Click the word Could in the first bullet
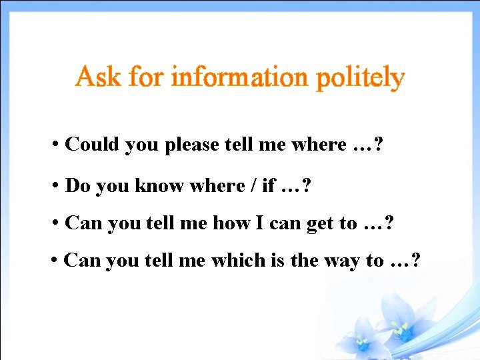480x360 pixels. (93, 144)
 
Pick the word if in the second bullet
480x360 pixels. (268, 185)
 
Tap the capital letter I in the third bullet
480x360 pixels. (259, 223)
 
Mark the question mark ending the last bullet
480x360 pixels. (416, 260)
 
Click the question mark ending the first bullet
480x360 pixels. (379, 144)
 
